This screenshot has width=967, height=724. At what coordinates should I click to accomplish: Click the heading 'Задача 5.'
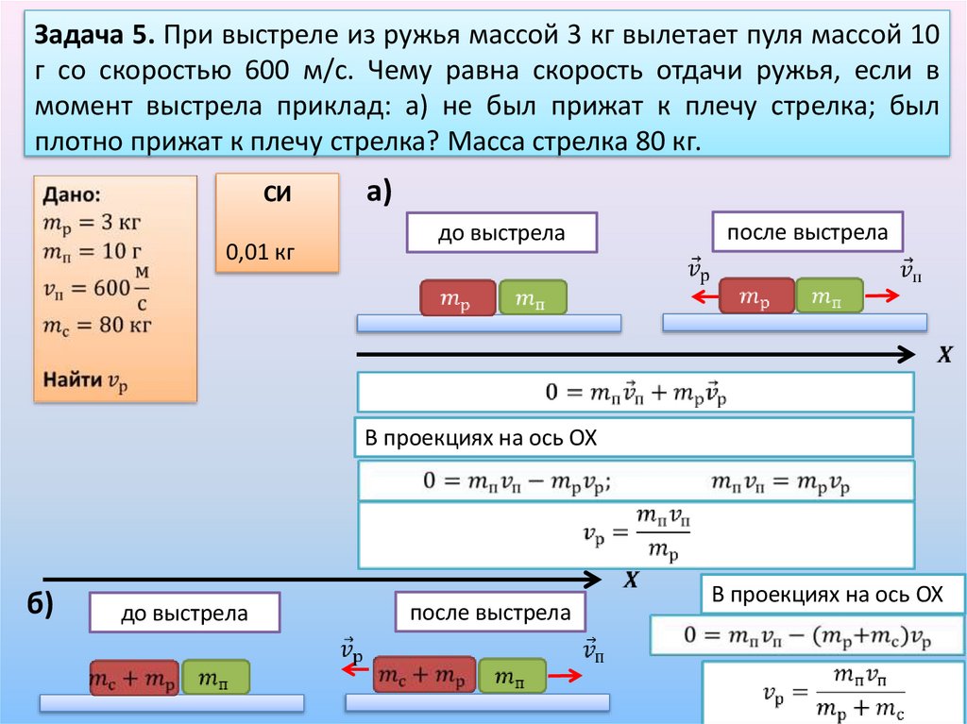[93, 39]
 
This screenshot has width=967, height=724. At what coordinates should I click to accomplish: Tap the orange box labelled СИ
[276, 223]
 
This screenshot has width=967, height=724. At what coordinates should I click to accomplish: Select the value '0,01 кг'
[260, 253]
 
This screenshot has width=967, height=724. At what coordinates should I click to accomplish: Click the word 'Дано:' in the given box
[70, 195]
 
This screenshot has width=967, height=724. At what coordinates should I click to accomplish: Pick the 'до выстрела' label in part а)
[500, 232]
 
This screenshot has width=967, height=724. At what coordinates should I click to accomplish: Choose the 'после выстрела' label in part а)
[807, 231]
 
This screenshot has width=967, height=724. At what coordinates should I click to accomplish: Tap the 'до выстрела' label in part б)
[184, 613]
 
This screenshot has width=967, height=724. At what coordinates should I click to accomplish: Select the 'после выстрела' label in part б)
[490, 612]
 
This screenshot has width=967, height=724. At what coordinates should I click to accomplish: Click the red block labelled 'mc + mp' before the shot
[134, 678]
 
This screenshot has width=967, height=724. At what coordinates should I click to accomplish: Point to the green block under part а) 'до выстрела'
[533, 297]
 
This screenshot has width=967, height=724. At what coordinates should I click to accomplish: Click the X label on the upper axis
[942, 356]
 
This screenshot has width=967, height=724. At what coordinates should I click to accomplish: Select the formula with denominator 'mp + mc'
[836, 693]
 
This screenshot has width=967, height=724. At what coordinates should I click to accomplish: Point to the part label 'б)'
[40, 605]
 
